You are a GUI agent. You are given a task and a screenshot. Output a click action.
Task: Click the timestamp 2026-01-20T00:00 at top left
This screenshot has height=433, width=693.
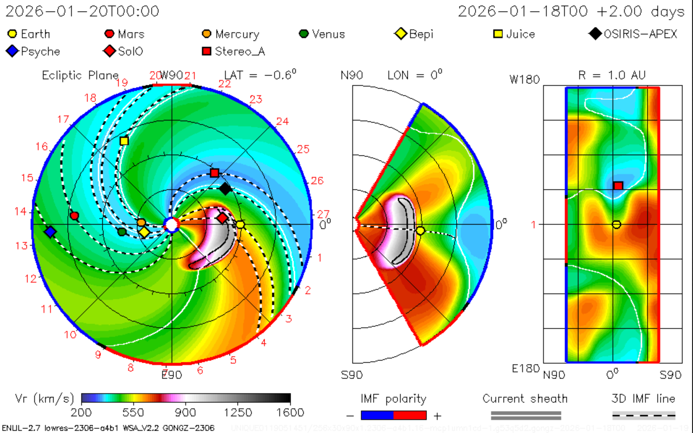82,11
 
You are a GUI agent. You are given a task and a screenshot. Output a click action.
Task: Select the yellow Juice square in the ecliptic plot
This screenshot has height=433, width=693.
124,141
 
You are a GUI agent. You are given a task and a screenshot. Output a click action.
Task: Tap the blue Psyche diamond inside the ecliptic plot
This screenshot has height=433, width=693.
50,232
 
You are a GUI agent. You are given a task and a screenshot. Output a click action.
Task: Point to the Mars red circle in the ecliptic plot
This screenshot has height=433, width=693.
74,216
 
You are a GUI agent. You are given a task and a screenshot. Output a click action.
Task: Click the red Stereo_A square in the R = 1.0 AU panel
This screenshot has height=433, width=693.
618,186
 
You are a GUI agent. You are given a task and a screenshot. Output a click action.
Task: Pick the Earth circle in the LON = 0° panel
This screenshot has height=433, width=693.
420,231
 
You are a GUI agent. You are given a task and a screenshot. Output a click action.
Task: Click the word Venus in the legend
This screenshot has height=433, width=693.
328,34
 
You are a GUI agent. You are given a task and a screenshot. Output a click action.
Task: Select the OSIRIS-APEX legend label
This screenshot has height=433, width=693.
640,34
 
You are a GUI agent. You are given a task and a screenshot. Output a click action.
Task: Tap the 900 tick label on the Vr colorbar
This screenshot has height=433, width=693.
185,413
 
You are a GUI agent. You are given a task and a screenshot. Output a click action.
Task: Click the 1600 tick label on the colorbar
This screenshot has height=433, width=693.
290,413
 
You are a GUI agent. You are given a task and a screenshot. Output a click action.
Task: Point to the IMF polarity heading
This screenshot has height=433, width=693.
393,399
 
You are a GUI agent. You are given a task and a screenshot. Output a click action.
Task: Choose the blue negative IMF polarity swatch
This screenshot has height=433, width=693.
377,415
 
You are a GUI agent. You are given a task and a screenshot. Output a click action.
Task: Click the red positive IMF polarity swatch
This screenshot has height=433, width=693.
410,415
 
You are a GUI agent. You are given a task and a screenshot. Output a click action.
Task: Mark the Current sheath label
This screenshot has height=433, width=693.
525,399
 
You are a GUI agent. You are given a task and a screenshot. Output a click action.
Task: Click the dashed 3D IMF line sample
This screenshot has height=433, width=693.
643,415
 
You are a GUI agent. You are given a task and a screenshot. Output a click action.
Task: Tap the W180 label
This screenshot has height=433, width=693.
524,80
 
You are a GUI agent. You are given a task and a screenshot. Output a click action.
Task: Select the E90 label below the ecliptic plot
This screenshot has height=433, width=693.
172,375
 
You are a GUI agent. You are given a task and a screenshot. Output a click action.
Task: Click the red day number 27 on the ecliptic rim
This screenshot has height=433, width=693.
323,214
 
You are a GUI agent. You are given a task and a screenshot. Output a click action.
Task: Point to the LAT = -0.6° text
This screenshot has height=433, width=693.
260,75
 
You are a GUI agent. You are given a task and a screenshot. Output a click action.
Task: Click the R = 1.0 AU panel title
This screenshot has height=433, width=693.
612,75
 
